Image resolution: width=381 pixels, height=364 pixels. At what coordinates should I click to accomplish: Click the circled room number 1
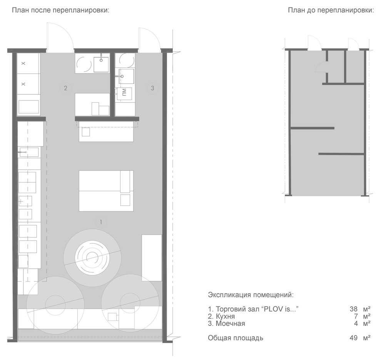click(x=101, y=222)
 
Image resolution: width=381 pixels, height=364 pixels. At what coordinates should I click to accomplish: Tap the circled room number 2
click(x=65, y=88)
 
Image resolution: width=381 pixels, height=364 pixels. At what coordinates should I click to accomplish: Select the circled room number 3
click(x=152, y=88)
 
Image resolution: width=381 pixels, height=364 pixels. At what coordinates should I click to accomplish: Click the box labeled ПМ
click(x=124, y=94)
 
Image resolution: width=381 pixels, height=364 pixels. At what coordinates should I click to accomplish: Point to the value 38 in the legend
click(x=354, y=309)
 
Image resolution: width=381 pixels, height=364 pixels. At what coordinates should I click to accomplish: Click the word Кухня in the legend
click(x=225, y=316)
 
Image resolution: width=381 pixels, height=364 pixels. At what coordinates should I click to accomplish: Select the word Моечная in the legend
click(x=231, y=324)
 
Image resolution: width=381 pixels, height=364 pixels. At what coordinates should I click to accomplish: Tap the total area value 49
click(x=354, y=338)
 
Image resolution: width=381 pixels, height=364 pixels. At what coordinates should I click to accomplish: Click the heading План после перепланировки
click(x=61, y=10)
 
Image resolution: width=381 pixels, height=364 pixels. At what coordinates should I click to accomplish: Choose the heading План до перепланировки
click(x=331, y=10)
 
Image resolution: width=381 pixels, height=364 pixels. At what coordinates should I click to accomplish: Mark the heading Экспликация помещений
click(x=251, y=295)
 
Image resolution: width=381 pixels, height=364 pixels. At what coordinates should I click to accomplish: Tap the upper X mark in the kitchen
click(x=23, y=63)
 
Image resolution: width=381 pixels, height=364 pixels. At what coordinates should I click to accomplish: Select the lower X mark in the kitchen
click(x=23, y=84)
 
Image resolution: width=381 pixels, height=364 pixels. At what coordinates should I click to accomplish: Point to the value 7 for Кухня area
click(x=356, y=316)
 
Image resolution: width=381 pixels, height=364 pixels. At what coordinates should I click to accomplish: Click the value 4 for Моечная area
click(x=356, y=324)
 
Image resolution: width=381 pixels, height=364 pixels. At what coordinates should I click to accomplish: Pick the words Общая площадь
click(x=236, y=338)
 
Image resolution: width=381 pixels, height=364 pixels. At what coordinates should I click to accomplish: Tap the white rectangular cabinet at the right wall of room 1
click(x=152, y=258)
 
